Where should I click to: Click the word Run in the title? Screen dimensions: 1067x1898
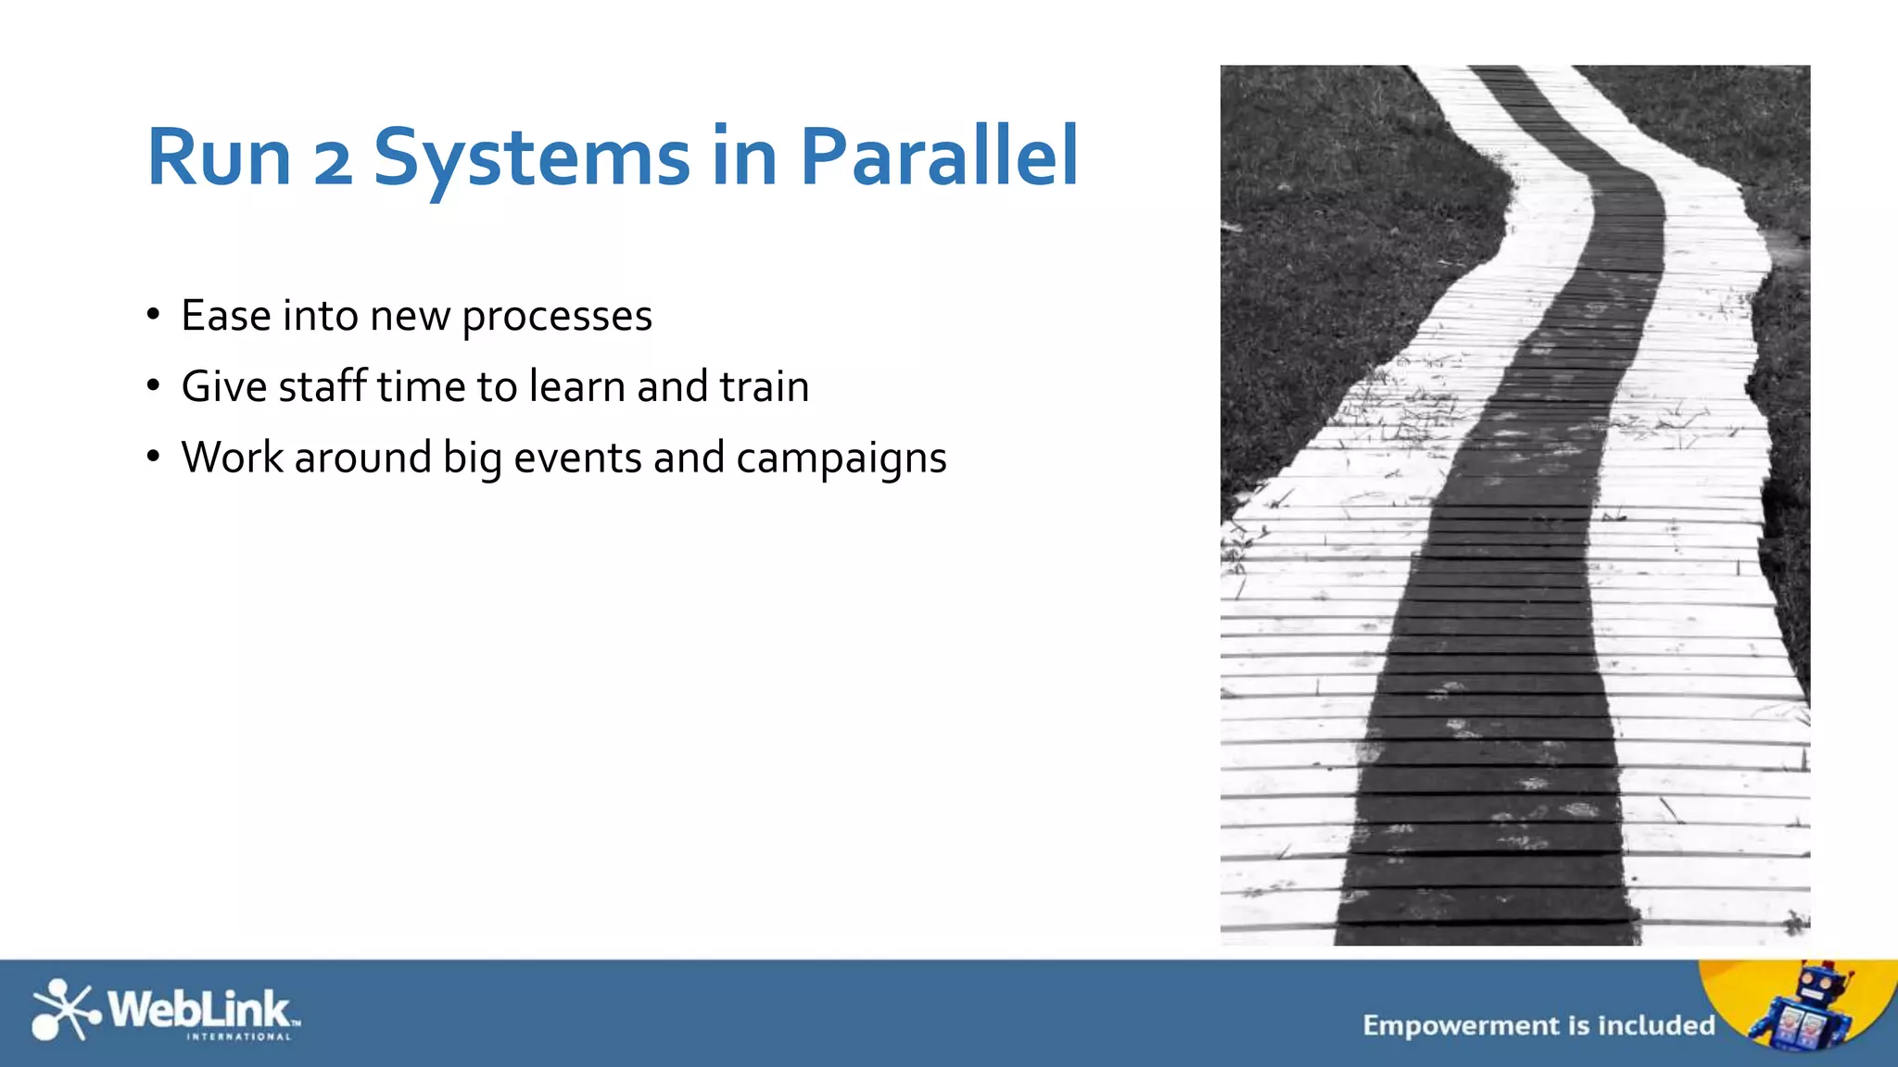[220, 157]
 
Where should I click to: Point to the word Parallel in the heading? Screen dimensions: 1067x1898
[939, 157]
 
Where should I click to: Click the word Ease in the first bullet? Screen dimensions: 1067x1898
[226, 316]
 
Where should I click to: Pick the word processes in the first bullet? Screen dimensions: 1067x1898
[557, 318]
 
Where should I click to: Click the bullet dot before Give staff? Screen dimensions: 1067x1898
[154, 385]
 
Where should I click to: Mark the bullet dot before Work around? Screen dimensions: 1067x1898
[154, 457]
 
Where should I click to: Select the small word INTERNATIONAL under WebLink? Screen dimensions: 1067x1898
[239, 1037]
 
